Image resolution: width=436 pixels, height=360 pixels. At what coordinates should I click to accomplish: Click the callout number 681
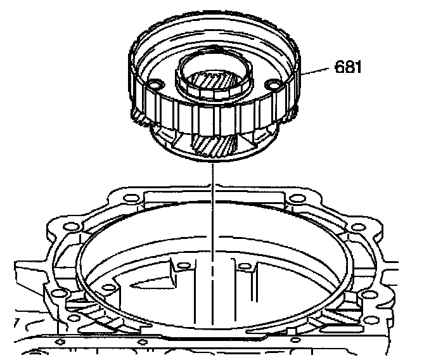(x=347, y=67)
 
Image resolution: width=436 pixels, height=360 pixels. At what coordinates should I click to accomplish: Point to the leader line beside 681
(x=315, y=71)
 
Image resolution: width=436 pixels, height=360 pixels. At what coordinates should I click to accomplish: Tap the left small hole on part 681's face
(x=155, y=84)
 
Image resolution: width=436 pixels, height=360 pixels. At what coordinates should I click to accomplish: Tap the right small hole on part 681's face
(x=272, y=83)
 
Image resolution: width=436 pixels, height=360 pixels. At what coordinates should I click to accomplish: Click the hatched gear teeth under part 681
(x=214, y=144)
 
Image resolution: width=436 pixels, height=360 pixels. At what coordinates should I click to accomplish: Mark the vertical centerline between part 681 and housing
(x=213, y=244)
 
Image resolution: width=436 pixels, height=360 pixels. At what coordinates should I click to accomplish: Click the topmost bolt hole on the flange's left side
(x=131, y=198)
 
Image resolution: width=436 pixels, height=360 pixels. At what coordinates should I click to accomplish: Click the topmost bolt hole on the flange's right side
(x=297, y=199)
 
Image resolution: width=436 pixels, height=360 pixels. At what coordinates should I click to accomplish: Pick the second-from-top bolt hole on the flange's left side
(x=72, y=226)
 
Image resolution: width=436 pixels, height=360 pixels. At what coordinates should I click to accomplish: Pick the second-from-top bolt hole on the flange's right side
(x=359, y=228)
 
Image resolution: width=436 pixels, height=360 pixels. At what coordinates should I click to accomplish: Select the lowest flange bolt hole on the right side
(x=371, y=319)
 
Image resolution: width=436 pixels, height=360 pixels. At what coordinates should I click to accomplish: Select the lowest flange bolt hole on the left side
(x=73, y=318)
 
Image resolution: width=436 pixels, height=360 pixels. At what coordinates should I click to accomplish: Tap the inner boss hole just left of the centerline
(x=184, y=266)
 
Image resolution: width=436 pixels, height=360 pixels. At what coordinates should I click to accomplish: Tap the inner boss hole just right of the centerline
(x=245, y=266)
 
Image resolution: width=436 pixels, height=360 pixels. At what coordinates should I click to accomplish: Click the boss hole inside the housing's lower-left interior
(x=108, y=288)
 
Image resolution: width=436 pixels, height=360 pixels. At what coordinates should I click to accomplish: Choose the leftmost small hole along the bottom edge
(x=60, y=342)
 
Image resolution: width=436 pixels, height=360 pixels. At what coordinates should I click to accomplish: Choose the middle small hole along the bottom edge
(x=143, y=342)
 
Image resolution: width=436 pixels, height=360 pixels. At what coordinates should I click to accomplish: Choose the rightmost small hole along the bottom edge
(x=295, y=340)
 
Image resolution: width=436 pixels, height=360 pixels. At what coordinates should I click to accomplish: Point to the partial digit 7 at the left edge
(x=16, y=323)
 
